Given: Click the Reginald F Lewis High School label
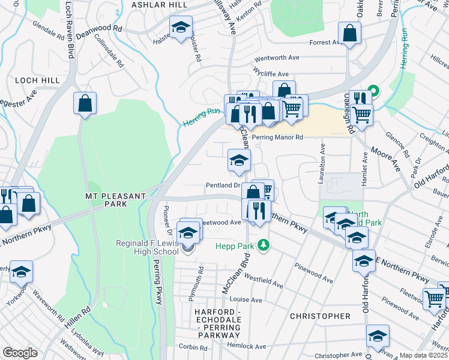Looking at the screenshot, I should coord(148,247).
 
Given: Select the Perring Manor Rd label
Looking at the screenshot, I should coord(278,137).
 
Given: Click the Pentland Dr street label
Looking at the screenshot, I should coord(223,186).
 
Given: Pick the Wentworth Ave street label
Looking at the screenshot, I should coord(277,58).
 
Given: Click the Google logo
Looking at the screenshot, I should coord(20,353).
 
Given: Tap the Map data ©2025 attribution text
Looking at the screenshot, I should coord(424,355).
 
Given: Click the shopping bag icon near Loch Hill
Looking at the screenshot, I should coord(85,103).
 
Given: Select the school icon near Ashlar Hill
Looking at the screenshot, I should coord(180,27).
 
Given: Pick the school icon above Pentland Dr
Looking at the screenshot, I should coord(239,160).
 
